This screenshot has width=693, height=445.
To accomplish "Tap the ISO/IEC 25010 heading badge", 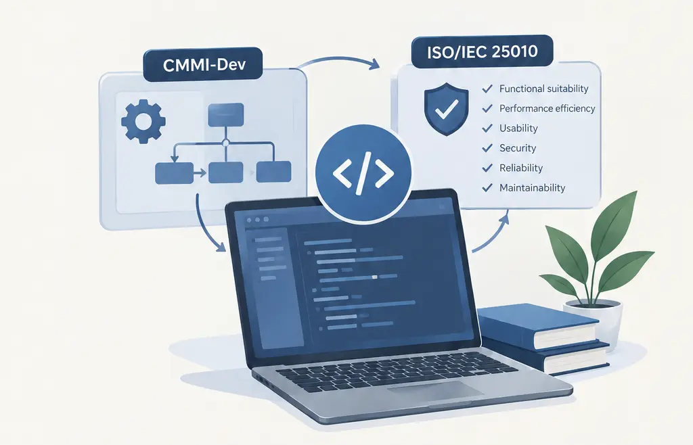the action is pos(482,51).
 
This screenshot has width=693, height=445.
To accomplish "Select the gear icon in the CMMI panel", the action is pos(143,122).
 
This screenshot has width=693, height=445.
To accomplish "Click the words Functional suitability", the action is pos(543,89).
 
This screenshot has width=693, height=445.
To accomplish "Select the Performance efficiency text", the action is pos(547,109).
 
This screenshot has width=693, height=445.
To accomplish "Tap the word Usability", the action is pos(518,128).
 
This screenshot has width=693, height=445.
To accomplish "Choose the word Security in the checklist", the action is pos(518,148).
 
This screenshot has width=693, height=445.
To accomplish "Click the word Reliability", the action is pos(521,168).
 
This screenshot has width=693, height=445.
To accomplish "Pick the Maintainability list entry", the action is pos(532,187).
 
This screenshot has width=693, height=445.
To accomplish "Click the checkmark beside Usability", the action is pos(487,128).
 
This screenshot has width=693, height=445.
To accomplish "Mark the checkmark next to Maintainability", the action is pos(487,187).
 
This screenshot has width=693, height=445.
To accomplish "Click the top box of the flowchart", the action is pos(226,115).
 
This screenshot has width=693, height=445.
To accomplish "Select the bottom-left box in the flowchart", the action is pos(174,173).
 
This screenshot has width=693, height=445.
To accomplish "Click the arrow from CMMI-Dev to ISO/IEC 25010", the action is pos(338,59).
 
